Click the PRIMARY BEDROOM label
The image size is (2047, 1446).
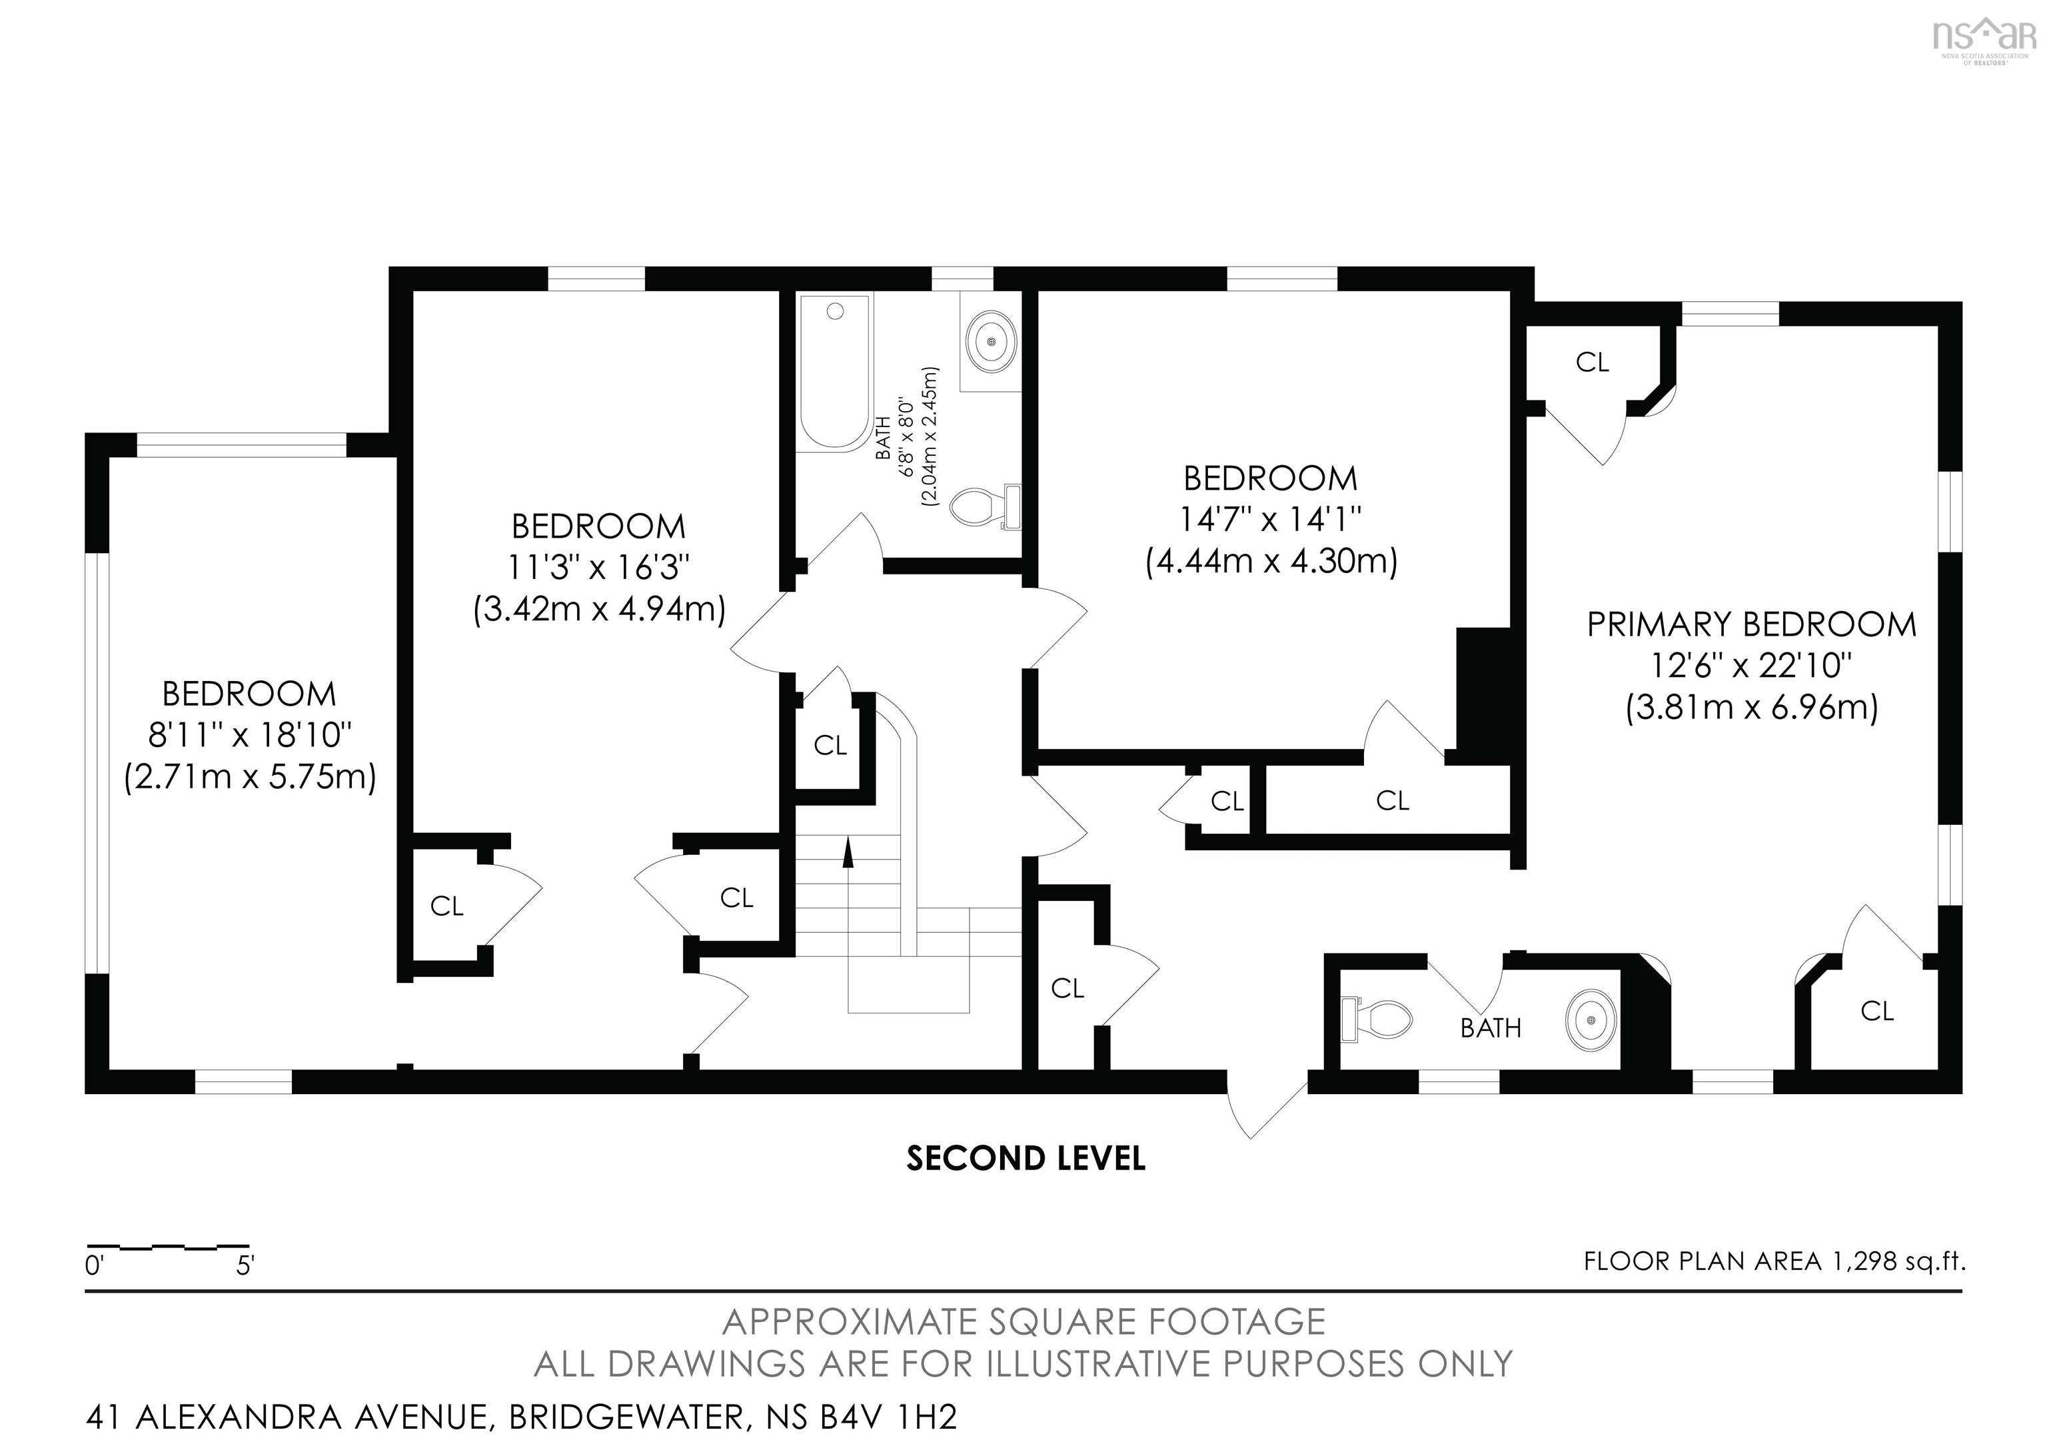click(1751, 625)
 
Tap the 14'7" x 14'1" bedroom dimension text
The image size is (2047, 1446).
click(1271, 519)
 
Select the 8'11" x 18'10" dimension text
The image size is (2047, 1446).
click(250, 736)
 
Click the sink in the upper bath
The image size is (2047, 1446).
click(992, 341)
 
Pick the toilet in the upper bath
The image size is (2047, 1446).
click(985, 506)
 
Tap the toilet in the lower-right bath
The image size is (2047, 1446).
click(1376, 1019)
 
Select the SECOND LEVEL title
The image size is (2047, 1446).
click(1025, 1159)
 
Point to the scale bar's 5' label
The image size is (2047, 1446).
click(245, 1266)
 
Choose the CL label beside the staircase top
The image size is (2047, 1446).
click(830, 745)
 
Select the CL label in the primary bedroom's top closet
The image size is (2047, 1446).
click(1593, 363)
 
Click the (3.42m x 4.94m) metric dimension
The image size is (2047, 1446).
click(599, 609)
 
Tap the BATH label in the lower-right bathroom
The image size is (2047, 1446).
click(1491, 1029)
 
